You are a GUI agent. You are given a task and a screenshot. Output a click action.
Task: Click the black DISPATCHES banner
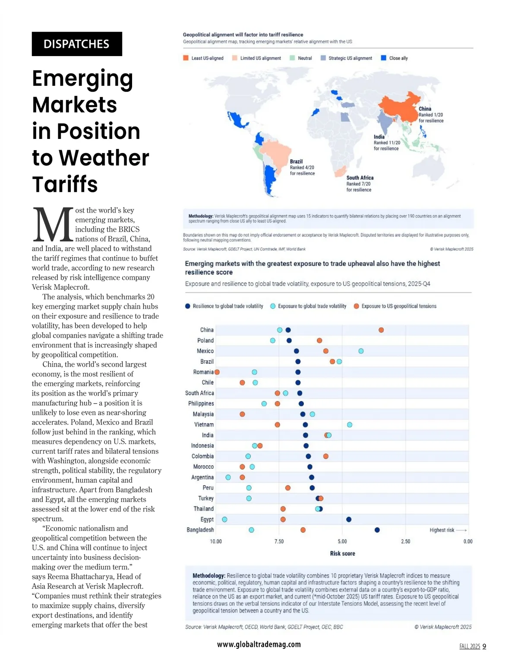(77, 44)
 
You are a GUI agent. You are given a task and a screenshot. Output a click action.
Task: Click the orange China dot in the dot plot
(381, 330)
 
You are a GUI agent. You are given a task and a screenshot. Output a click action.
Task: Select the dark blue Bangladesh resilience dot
(377, 530)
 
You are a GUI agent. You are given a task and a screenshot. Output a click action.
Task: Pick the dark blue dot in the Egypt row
(349, 519)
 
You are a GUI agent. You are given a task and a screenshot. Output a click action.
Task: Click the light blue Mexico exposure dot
(361, 351)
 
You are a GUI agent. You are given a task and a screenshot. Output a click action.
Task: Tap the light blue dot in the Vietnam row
(350, 425)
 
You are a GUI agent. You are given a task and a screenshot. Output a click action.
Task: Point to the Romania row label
(203, 372)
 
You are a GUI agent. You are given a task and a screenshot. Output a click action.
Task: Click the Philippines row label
(201, 404)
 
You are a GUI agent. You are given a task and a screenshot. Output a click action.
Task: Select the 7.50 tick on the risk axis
(279, 541)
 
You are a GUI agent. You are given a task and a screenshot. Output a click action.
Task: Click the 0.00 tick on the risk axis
(468, 541)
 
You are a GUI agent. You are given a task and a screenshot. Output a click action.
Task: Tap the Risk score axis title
(342, 553)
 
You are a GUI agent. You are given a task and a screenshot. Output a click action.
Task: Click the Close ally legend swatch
(383, 58)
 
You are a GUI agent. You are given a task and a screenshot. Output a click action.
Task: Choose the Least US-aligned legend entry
(203, 58)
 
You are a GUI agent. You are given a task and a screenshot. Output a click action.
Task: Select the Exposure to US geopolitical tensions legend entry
(395, 306)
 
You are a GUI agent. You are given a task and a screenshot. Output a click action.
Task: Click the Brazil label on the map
(296, 161)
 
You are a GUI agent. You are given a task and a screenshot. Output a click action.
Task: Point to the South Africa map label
(360, 178)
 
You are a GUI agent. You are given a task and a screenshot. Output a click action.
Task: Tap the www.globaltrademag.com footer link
(259, 644)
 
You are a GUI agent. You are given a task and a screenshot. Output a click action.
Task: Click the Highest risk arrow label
(448, 530)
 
